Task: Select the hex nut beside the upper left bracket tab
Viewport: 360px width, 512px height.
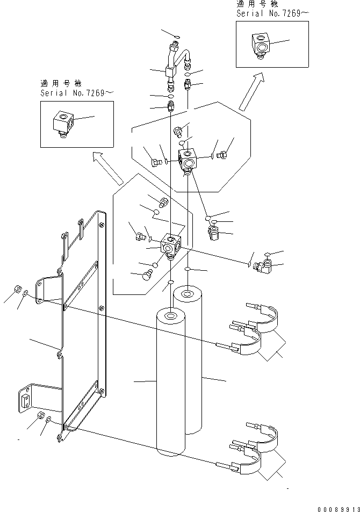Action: (x=17, y=288)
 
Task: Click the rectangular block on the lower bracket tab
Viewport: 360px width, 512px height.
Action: (x=25, y=400)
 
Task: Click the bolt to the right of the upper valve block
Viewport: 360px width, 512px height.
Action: (x=223, y=155)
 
